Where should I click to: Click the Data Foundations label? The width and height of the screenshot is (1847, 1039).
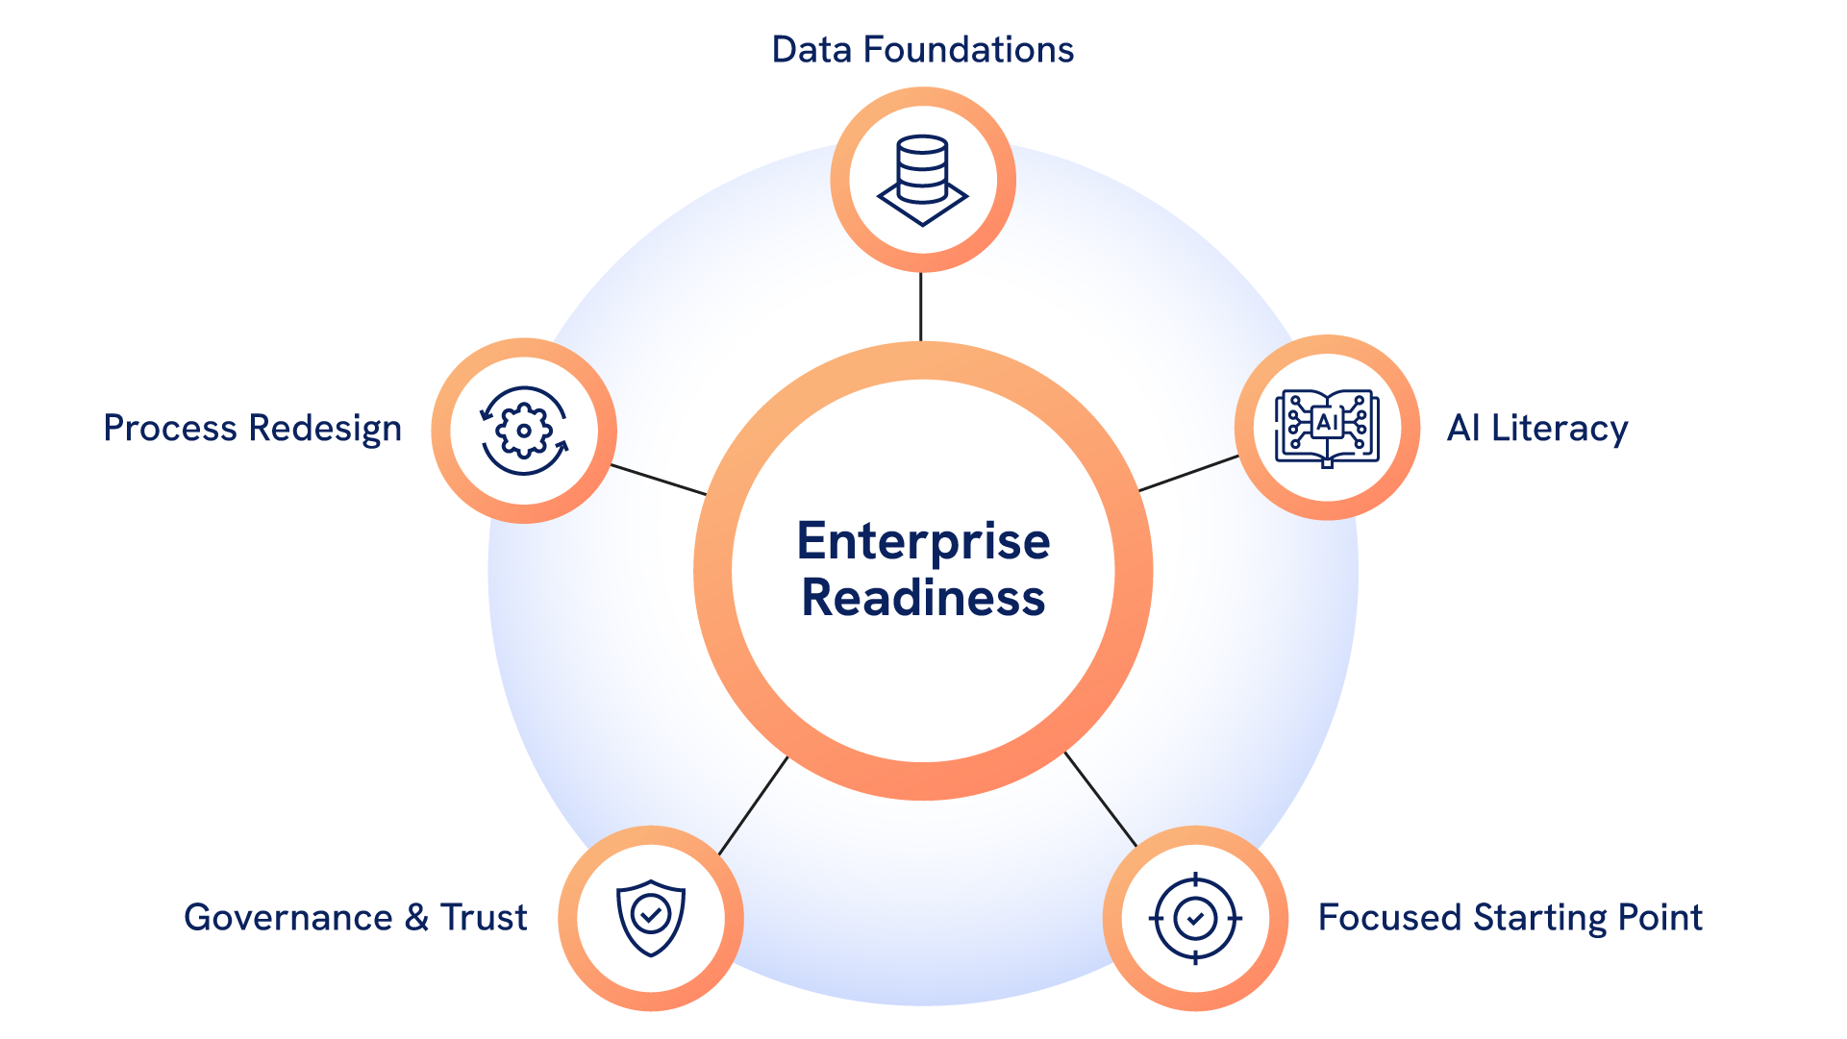coord(922,50)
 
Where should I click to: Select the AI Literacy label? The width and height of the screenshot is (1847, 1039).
coord(1536,429)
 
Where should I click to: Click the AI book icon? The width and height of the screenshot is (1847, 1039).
coord(1327,428)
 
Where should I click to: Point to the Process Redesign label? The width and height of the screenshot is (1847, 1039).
coord(252,429)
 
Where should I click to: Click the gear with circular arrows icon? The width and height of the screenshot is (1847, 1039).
coord(524,431)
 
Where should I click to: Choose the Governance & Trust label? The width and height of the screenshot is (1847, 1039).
coord(355,918)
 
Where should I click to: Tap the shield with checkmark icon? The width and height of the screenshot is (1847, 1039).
coord(651,918)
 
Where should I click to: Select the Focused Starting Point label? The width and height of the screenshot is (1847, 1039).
coord(1510,918)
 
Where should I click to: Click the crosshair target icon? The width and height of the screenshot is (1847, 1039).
coord(1195,919)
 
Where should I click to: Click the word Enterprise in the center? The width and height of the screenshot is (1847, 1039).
coord(923,542)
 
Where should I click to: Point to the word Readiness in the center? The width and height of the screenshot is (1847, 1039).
coord(923,598)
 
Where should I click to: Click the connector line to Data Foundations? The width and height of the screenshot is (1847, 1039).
coord(921,307)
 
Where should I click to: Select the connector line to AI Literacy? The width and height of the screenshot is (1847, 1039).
coord(1188,474)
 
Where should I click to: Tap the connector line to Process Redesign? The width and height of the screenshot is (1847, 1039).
coord(659,480)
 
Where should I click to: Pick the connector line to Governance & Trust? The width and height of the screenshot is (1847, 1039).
coord(753,805)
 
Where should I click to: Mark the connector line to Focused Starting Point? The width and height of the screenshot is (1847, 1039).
coord(1101,800)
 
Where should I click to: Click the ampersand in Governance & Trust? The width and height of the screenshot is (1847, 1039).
coord(416,918)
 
